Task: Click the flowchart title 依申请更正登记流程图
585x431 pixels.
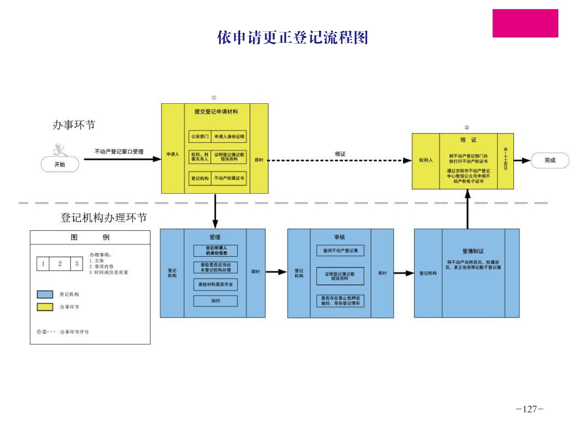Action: [x=292, y=38]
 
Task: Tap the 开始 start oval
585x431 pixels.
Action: [x=60, y=164]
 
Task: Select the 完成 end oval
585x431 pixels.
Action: [x=550, y=160]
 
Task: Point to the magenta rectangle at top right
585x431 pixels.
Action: [x=525, y=23]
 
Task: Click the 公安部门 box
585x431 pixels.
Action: [x=200, y=137]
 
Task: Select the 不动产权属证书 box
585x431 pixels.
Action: [x=229, y=178]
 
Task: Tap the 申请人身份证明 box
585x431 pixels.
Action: [x=229, y=137]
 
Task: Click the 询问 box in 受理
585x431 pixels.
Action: [x=216, y=301]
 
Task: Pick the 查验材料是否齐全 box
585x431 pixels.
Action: [x=216, y=284]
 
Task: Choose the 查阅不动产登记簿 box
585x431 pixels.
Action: [x=340, y=251]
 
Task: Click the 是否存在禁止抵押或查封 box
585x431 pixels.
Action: [x=340, y=301]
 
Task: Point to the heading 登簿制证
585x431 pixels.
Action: [x=473, y=251]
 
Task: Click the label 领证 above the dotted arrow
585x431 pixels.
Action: [x=340, y=154]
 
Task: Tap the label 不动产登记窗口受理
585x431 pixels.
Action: [x=119, y=152]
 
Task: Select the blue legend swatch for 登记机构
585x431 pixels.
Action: [x=45, y=294]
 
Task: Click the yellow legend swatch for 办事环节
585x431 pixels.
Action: [x=45, y=307]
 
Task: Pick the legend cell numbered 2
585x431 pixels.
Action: [x=60, y=263]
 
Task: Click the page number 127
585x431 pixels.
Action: [x=529, y=409]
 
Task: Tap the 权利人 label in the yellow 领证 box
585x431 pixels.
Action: [x=426, y=160]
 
